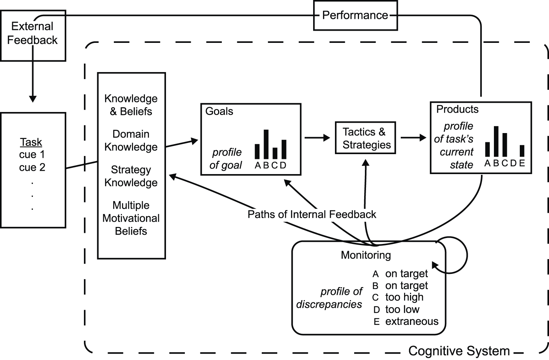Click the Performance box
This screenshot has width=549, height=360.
[355, 16]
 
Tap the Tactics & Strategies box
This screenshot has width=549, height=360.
[365, 138]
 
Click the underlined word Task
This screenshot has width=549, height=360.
[31, 142]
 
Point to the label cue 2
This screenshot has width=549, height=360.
[32, 167]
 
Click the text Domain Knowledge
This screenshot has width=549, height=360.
[131, 140]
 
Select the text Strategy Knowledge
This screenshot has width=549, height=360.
[131, 176]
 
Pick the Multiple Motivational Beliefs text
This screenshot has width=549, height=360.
[131, 218]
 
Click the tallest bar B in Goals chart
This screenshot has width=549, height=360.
[266, 144]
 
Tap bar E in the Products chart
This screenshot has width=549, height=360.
[522, 151]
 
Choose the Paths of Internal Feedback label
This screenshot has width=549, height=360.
[312, 214]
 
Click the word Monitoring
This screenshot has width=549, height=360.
[366, 255]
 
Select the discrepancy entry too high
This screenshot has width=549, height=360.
[404, 297]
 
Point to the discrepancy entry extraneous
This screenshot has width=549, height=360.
[411, 321]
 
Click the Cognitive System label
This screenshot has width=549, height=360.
[459, 351]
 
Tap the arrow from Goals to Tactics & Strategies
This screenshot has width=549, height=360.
[317, 138]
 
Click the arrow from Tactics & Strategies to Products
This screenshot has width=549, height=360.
[413, 138]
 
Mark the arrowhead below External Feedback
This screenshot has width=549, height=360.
[33, 99]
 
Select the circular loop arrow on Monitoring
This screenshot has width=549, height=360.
[458, 255]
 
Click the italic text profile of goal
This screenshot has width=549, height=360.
[226, 159]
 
